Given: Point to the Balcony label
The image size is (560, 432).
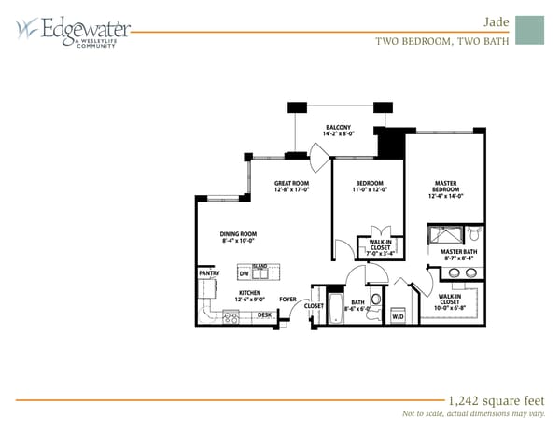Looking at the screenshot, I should click(338, 127).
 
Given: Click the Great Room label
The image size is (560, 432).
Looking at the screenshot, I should click(291, 183).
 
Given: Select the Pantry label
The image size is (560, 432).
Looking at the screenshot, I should click(208, 273).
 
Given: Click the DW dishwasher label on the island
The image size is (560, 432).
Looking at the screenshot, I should click(244, 274).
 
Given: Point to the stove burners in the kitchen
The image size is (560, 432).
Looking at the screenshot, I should click(231, 315).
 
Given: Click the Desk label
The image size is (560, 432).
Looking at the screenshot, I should click(264, 315).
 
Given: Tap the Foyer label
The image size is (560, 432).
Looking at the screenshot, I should click(288, 300).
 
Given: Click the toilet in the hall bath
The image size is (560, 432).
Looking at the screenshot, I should click(375, 300).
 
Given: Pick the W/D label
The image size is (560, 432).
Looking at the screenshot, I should click(398, 316).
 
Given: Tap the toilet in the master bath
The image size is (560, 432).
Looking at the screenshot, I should click(472, 232).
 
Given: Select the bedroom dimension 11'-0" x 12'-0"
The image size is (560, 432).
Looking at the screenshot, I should click(354, 190).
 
